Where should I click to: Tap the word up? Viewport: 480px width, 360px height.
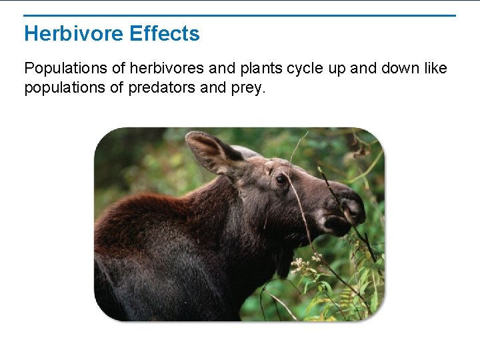click(337, 69)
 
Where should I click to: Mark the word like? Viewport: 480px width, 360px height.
click(433, 69)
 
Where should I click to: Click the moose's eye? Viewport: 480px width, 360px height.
click(281, 179)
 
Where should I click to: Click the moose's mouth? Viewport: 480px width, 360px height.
click(337, 225)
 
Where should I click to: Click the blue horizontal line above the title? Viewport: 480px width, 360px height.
click(240, 15)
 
